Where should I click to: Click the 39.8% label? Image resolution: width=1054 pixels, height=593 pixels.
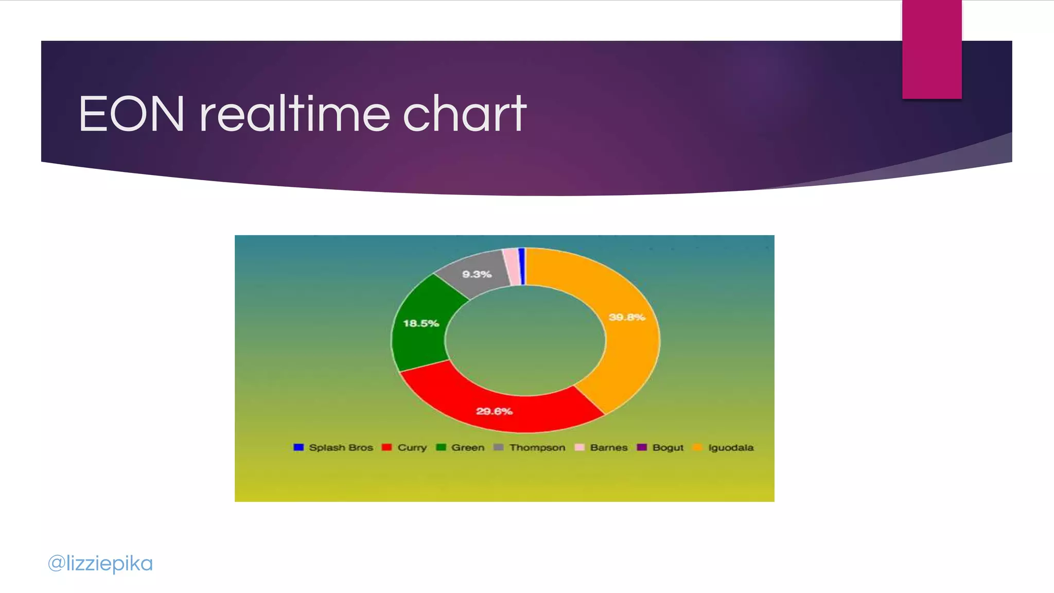tap(626, 317)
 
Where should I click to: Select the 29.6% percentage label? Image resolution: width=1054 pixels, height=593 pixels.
tap(494, 411)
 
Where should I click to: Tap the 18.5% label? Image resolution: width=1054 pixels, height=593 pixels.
tap(421, 323)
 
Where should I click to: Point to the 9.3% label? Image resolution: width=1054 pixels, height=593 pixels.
tap(477, 274)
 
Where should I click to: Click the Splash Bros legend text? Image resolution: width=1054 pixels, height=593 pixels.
tap(341, 447)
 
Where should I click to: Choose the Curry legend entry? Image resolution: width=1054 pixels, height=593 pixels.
tap(412, 447)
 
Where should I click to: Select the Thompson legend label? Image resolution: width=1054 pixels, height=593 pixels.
tap(537, 447)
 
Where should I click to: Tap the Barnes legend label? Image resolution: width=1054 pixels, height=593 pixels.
tap(608, 447)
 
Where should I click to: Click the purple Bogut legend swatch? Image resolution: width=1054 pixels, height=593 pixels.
tap(641, 447)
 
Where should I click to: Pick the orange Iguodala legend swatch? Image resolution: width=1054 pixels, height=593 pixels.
tap(697, 447)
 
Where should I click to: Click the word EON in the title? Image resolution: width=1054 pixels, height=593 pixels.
tap(132, 114)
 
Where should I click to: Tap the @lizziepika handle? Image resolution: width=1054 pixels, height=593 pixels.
tap(100, 563)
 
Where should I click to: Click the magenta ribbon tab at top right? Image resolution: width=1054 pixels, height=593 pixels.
tap(932, 49)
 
